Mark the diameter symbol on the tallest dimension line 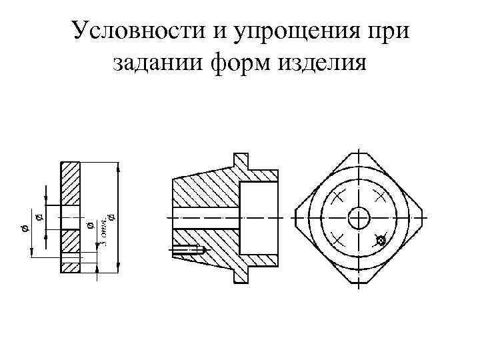click(x=111, y=216)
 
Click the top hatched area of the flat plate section click(x=70, y=183)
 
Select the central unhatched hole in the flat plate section click(x=70, y=217)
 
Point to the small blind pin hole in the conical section click(x=191, y=251)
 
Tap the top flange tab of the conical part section click(x=241, y=161)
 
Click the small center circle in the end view click(x=359, y=217)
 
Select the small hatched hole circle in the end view click(x=381, y=241)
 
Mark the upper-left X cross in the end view click(x=337, y=196)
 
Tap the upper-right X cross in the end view click(x=380, y=196)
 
